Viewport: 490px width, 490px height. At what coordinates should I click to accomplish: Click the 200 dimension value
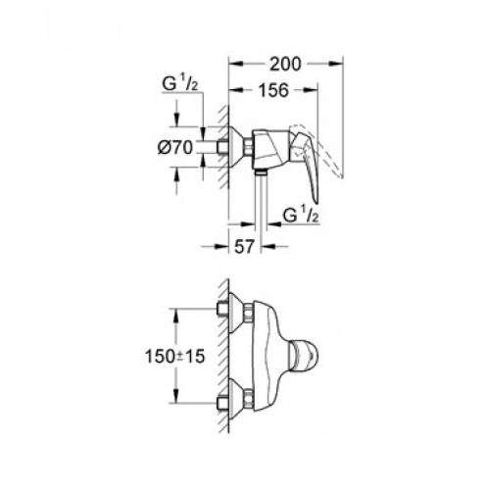(x=285, y=64)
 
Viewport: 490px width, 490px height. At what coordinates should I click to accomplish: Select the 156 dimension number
(x=273, y=90)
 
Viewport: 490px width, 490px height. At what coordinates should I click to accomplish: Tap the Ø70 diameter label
(x=175, y=147)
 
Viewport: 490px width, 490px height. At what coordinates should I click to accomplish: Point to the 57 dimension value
(x=244, y=247)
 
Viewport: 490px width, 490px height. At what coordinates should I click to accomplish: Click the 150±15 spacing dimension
(x=174, y=356)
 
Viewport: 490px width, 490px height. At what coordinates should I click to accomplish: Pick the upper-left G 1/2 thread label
(x=180, y=84)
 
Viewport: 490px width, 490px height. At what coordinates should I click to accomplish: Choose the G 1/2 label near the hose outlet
(x=301, y=216)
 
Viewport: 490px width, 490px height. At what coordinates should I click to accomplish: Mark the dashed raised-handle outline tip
(x=341, y=176)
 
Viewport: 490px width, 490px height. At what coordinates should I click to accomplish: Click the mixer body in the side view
(x=270, y=149)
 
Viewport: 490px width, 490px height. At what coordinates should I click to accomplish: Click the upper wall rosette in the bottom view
(x=236, y=313)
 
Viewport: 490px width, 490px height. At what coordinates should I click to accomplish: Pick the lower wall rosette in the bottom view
(x=236, y=399)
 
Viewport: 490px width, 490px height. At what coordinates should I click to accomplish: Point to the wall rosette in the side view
(x=236, y=147)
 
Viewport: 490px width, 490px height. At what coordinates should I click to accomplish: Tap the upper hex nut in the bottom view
(x=249, y=312)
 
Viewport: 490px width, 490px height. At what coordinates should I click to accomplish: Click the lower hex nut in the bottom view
(x=249, y=399)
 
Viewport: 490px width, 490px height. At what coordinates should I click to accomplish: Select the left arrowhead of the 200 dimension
(x=236, y=64)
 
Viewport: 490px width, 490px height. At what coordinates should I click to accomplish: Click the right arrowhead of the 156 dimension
(x=311, y=90)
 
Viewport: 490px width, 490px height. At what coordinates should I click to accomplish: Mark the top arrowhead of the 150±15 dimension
(x=176, y=316)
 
